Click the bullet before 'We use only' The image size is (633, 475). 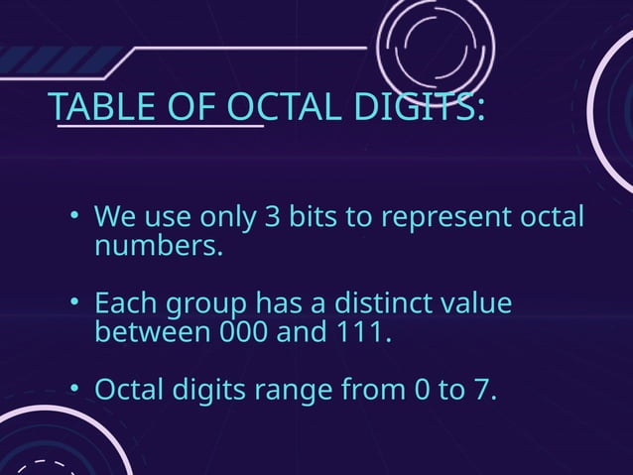click(74, 217)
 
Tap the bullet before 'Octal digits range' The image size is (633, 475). click(74, 390)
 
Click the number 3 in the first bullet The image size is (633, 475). click(271, 217)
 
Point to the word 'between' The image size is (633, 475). click(148, 330)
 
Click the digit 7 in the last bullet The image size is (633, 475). click(480, 390)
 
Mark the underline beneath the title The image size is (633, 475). click(160, 126)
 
